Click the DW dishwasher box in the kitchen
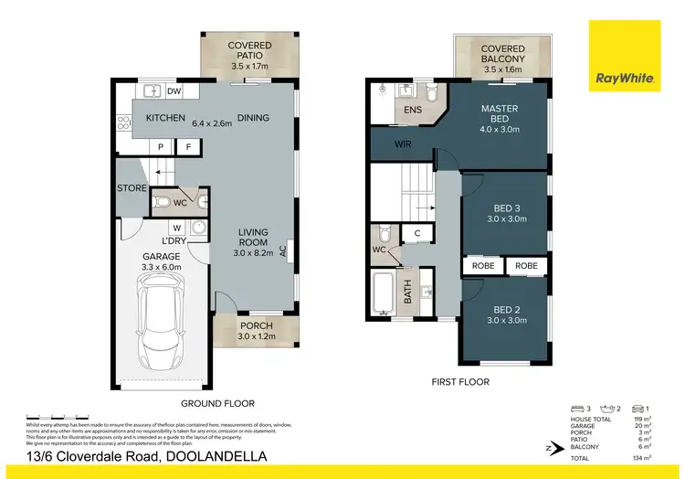click(x=174, y=91)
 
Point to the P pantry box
click(x=161, y=146)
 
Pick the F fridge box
click(x=188, y=146)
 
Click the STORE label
click(x=132, y=188)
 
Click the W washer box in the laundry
click(x=175, y=228)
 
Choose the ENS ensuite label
click(x=413, y=110)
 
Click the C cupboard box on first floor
click(x=416, y=234)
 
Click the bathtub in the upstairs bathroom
click(x=382, y=292)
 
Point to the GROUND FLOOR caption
click(x=216, y=403)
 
